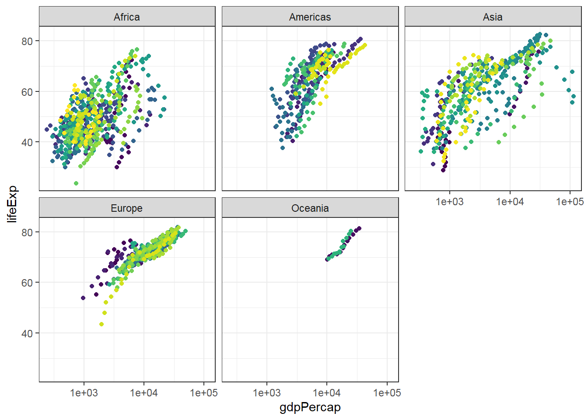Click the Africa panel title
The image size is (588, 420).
pyautogui.click(x=127, y=17)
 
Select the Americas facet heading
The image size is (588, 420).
pyautogui.click(x=310, y=17)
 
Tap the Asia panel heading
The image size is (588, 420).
pyautogui.click(x=493, y=17)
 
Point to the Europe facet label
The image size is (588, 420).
pyautogui.click(x=127, y=208)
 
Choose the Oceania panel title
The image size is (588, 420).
pyautogui.click(x=310, y=208)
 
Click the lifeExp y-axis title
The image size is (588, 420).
pyautogui.click(x=12, y=204)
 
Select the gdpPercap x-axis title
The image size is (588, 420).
pyautogui.click(x=310, y=407)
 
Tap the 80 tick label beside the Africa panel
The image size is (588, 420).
pyautogui.click(x=27, y=41)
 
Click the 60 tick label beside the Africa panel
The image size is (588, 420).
pyautogui.click(x=27, y=92)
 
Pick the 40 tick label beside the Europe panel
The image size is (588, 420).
pyautogui.click(x=27, y=333)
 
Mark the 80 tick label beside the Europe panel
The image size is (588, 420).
pyautogui.click(x=27, y=232)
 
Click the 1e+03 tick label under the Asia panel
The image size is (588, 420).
pyautogui.click(x=449, y=202)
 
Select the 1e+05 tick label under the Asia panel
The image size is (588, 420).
pyautogui.click(x=570, y=202)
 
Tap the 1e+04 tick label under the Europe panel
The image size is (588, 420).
pyautogui.click(x=143, y=393)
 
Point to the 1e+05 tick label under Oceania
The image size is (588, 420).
pyautogui.click(x=387, y=393)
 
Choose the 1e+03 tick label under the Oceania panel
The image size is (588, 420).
pyautogui.click(x=266, y=393)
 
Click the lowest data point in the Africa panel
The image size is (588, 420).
pyautogui.click(x=76, y=183)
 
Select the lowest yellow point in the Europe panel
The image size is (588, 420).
pyautogui.click(x=101, y=324)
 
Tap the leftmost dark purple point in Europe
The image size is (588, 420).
pyautogui.click(x=83, y=298)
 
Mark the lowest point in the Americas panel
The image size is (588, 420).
pyautogui.click(x=283, y=148)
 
